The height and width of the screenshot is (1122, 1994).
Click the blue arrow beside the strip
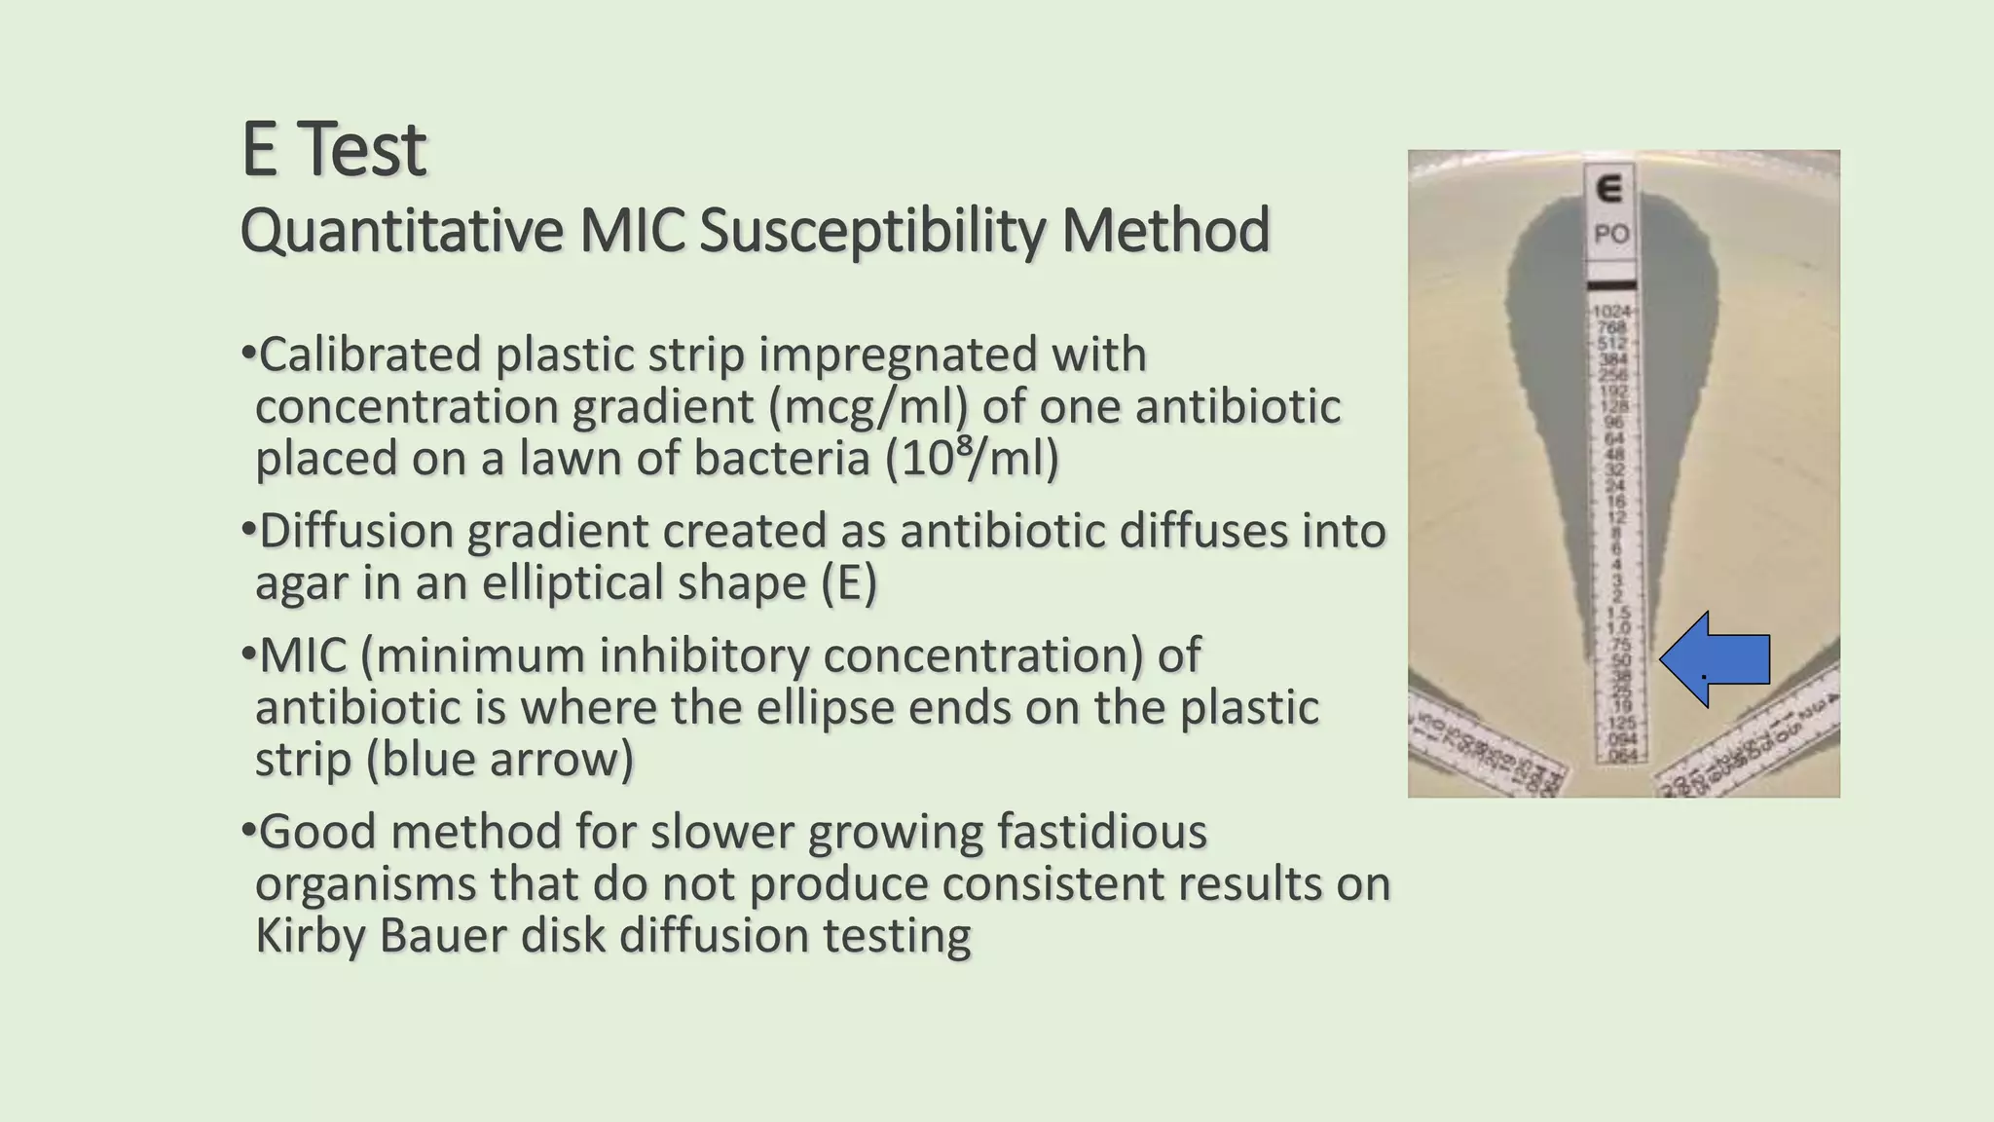click(1716, 659)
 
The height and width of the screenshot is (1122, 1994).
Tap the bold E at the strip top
click(1611, 188)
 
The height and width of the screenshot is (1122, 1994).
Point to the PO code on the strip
click(1611, 235)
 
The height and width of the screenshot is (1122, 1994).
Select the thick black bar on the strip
click(1613, 284)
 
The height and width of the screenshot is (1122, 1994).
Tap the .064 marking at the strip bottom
click(1620, 756)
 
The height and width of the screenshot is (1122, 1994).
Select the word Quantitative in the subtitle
click(401, 231)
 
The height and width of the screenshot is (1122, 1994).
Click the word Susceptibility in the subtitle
click(870, 231)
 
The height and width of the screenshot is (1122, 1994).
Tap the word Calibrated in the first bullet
click(370, 354)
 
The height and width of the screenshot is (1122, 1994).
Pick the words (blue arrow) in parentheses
click(499, 759)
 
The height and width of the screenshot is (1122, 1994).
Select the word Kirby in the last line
click(311, 936)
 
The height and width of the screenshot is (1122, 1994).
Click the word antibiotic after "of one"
click(1237, 406)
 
